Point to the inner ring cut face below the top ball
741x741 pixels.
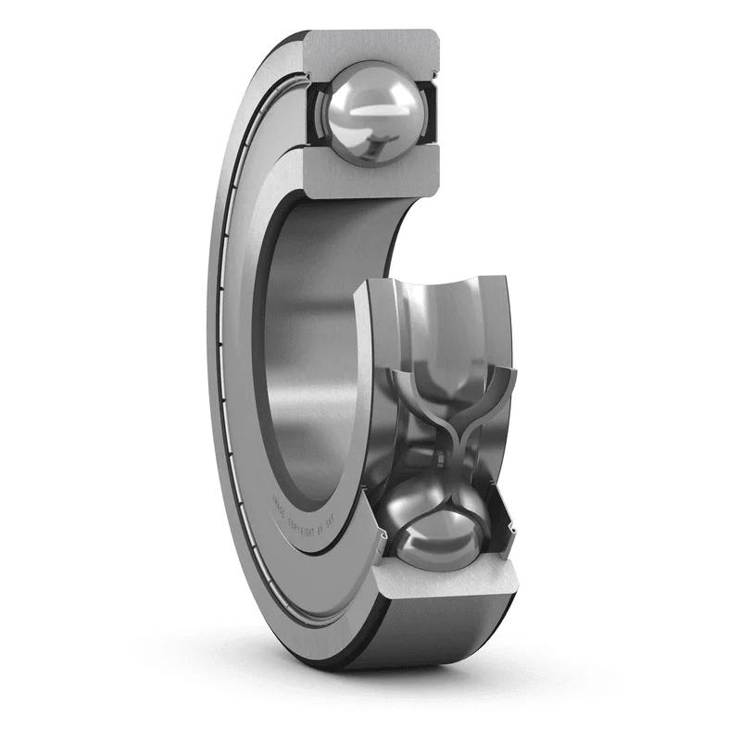tap(370, 182)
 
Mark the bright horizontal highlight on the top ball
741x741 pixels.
tap(370, 107)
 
